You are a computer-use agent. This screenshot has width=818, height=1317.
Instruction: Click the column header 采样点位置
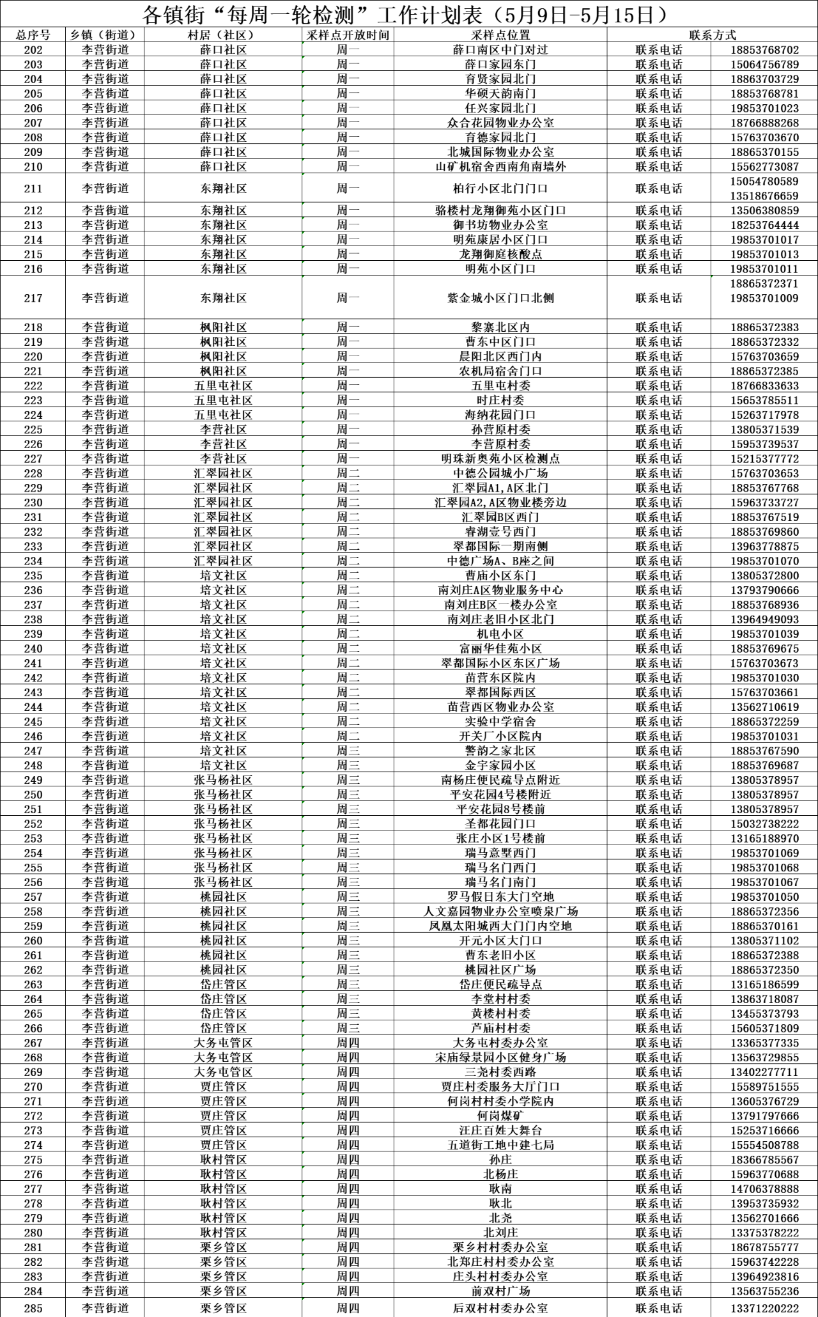click(x=500, y=35)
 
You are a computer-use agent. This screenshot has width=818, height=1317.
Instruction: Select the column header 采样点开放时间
click(x=348, y=35)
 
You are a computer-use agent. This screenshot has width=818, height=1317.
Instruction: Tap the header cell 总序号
click(x=33, y=35)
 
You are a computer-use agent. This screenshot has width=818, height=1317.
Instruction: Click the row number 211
click(x=33, y=189)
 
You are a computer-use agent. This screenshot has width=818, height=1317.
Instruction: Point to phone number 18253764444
click(x=764, y=225)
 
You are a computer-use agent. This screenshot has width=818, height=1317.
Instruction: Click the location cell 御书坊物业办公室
click(x=500, y=225)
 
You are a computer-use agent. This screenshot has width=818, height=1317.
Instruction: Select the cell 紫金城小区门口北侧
click(x=500, y=298)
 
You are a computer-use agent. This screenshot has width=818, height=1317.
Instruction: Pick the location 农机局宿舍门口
click(x=500, y=371)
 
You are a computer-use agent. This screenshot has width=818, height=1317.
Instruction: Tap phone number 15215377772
click(x=764, y=458)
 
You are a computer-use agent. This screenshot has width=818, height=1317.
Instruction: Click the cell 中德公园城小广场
click(x=500, y=473)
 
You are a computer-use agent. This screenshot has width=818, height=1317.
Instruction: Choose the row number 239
click(x=33, y=634)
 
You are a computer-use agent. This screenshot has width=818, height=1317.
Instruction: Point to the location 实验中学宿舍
click(x=500, y=721)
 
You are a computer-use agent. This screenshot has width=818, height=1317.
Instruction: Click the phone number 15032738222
click(x=764, y=823)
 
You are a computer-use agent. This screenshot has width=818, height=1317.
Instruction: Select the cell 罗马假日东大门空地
click(x=500, y=896)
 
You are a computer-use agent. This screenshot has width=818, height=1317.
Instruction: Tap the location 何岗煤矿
click(x=500, y=1116)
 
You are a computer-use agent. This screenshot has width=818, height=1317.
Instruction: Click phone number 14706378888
click(x=764, y=1188)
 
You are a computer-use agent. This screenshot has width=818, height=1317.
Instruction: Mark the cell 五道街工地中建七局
click(x=500, y=1145)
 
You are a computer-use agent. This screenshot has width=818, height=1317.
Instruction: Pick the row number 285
click(x=33, y=1308)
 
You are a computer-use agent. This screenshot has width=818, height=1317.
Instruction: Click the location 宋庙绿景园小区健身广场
click(x=500, y=1057)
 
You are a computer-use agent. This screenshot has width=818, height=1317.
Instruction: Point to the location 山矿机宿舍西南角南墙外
click(x=500, y=167)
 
